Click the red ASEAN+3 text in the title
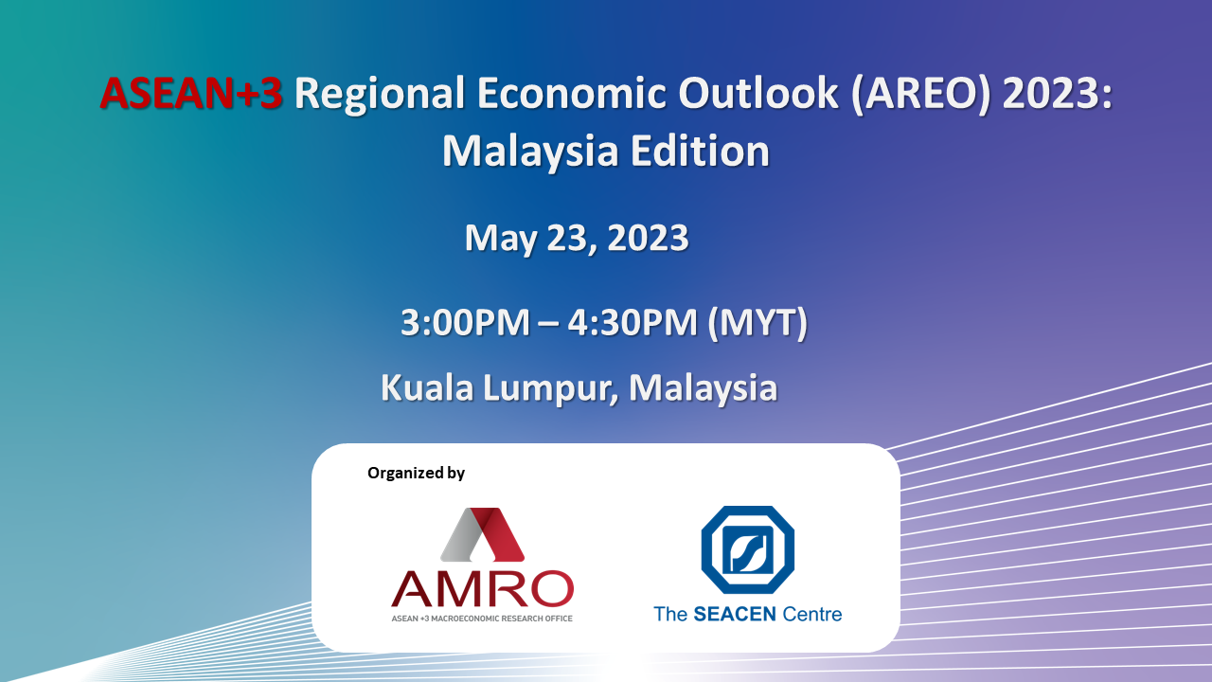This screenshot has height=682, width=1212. coord(191,93)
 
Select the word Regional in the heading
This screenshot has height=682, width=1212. coord(380,96)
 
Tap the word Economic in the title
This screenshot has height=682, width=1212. coord(572,93)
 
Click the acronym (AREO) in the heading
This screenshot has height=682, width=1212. coord(920,94)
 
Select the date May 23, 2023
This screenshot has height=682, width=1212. coord(577,238)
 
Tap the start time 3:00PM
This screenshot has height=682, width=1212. coord(465,323)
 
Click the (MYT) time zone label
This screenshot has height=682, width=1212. coord(757,324)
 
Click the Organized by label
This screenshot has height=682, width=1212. coord(416,473)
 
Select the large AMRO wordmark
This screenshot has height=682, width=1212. coord(482,588)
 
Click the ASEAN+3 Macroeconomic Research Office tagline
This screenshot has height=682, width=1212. coord(482,619)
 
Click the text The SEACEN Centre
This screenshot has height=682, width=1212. coord(748,615)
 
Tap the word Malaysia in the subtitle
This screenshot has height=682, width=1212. coord(530,152)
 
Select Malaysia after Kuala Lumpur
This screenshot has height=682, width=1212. coord(703,388)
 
